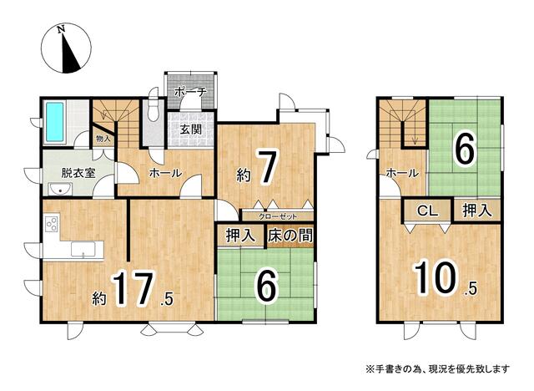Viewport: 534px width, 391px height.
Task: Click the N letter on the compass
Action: (61, 29)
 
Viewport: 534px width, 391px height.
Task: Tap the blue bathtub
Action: (55, 122)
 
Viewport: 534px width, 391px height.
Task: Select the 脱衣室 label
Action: (78, 173)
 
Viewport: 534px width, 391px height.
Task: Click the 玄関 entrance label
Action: (191, 129)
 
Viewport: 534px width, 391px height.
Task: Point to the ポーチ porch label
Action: (189, 93)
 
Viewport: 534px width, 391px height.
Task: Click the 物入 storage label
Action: (103, 139)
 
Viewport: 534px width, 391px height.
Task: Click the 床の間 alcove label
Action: (290, 236)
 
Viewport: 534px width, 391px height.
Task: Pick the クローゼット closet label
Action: (278, 216)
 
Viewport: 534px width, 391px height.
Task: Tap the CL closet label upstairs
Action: (428, 211)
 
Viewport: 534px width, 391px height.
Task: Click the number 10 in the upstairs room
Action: (436, 277)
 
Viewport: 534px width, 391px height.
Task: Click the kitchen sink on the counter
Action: (83, 249)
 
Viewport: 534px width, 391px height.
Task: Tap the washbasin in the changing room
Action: (60, 189)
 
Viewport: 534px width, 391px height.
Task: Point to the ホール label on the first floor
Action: (166, 173)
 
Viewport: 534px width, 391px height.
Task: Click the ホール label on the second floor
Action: (402, 173)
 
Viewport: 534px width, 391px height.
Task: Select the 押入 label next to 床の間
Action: (240, 236)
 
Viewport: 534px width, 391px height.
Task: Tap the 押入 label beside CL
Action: (477, 211)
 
